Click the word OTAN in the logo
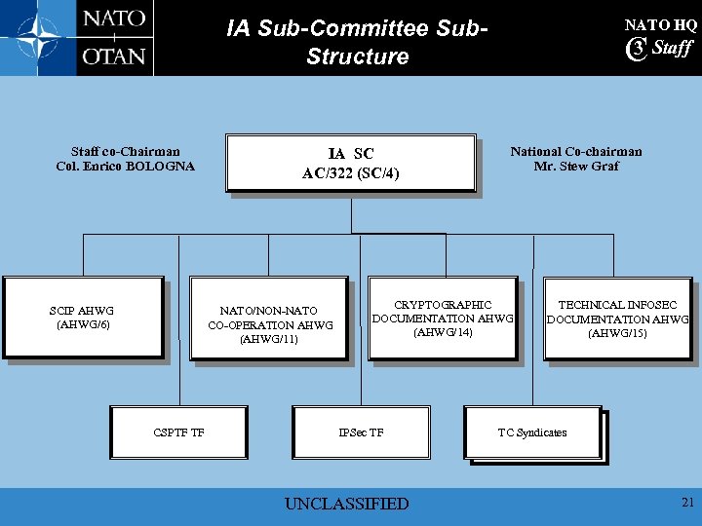[x=114, y=56]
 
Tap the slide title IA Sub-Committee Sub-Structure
[x=357, y=42]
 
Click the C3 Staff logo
[x=660, y=49]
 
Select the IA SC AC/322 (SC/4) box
[x=351, y=164]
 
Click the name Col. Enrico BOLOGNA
[x=126, y=167]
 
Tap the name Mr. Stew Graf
[x=576, y=167]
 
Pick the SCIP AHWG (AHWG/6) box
[x=83, y=318]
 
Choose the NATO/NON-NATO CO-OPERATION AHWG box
[x=270, y=325]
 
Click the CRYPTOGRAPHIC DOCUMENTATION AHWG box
[x=443, y=319]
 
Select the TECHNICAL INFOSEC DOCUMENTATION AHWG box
[x=617, y=319]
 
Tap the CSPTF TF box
[x=178, y=432]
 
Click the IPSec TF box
[x=361, y=432]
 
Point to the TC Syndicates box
[x=532, y=432]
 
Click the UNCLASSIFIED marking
[x=346, y=504]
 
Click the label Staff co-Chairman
[x=126, y=152]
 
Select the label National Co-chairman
[x=576, y=152]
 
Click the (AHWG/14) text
[x=443, y=333]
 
